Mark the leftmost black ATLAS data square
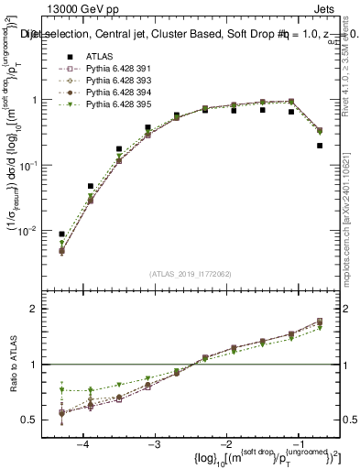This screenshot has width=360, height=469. pyautogui.click(x=61, y=234)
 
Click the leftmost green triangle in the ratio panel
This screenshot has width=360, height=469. pyautogui.click(x=61, y=390)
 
